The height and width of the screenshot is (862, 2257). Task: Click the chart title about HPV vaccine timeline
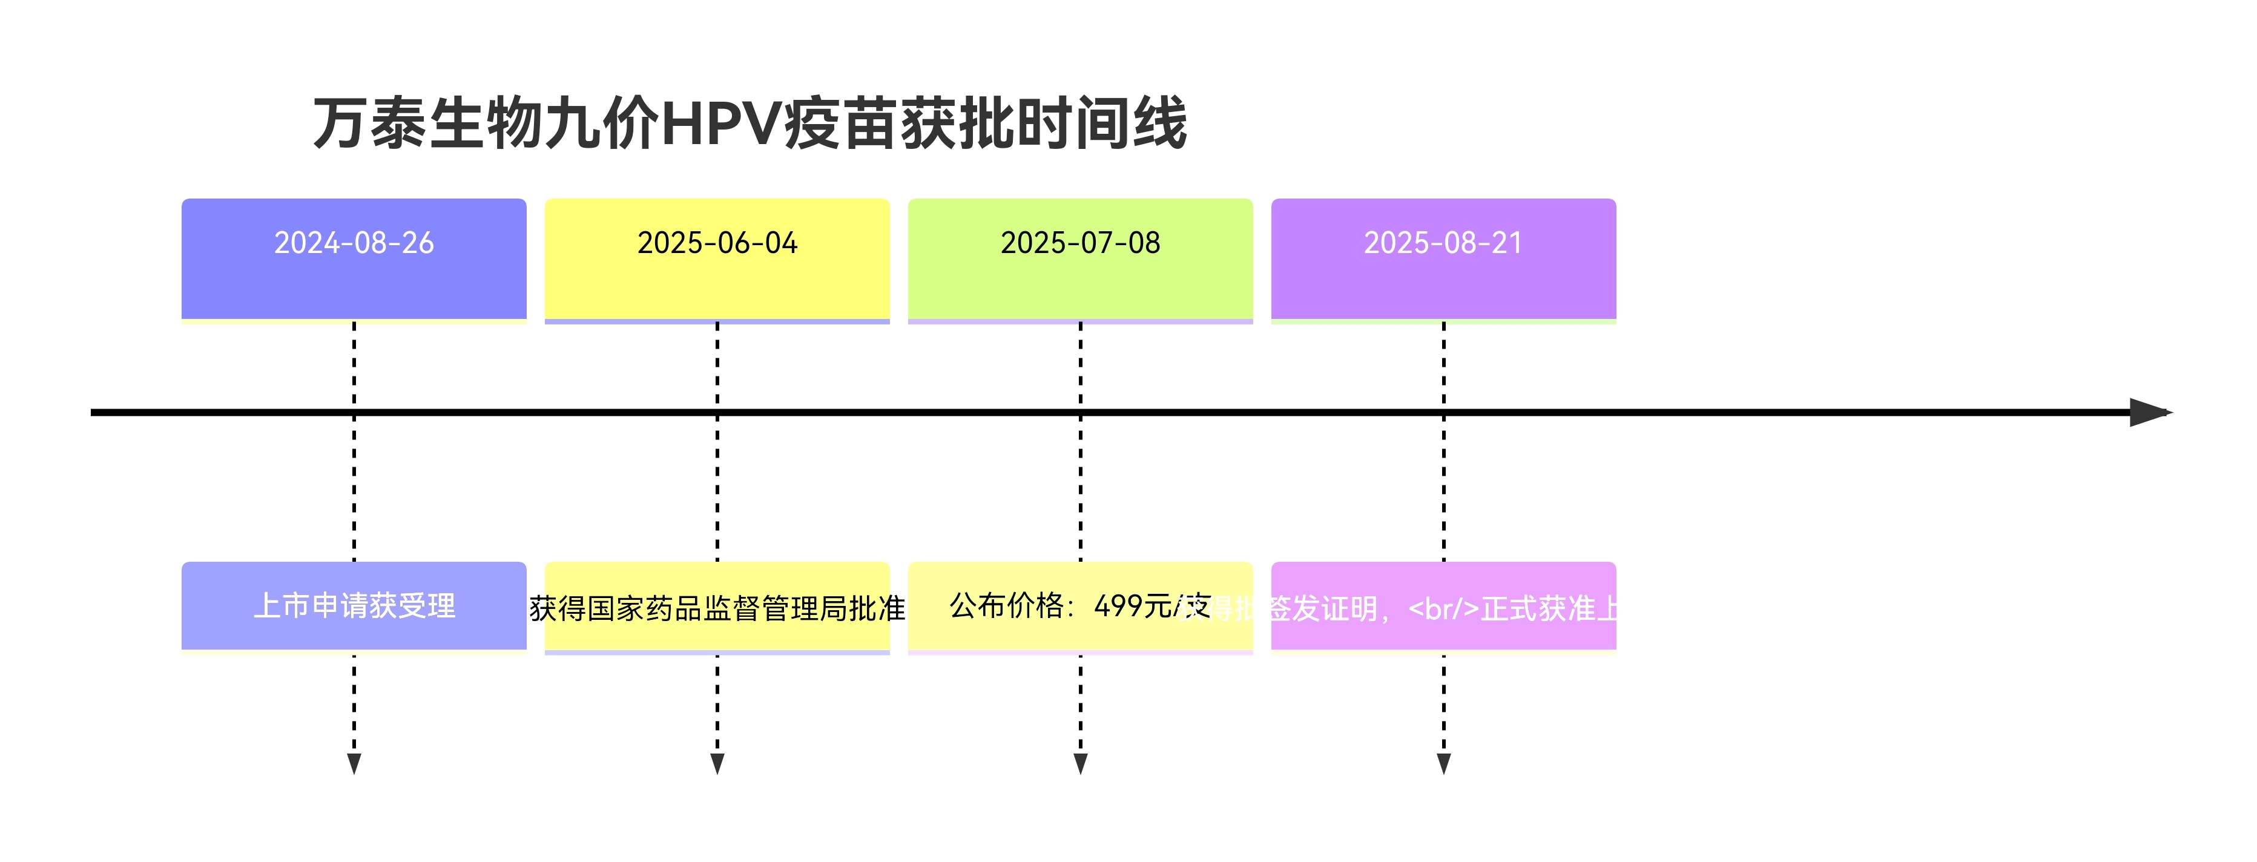point(749,123)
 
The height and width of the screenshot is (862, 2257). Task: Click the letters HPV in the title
point(720,123)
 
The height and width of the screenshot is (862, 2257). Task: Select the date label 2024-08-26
point(354,243)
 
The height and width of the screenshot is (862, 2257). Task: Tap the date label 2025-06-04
point(717,243)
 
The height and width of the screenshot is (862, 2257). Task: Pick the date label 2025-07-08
point(1080,243)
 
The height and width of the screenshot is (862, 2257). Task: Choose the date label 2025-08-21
point(1443,243)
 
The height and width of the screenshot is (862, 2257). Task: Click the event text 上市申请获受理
point(354,605)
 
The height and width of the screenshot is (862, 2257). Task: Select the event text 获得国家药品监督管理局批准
point(717,608)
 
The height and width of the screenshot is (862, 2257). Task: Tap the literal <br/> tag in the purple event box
point(1443,608)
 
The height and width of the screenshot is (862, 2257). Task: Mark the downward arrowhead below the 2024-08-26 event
point(354,764)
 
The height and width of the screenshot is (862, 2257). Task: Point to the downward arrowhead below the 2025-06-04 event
point(717,764)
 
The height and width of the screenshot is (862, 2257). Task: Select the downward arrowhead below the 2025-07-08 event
point(1080,764)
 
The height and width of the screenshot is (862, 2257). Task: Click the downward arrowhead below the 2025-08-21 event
point(1444,764)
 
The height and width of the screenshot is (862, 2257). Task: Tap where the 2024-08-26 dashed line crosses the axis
point(354,412)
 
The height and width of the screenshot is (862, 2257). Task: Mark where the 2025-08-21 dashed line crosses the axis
point(1444,412)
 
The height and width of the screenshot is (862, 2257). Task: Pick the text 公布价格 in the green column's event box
point(1006,605)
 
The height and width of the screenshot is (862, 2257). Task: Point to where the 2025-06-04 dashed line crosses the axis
point(717,412)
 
